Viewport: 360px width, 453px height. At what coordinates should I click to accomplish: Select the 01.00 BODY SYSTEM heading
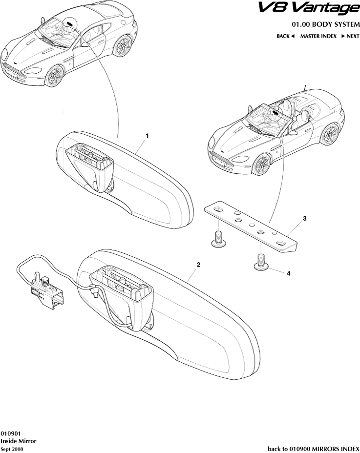pyautogui.click(x=326, y=24)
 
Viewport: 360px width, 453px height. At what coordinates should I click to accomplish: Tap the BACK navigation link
pyautogui.click(x=285, y=36)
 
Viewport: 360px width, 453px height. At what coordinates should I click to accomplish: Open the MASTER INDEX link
pyautogui.click(x=318, y=36)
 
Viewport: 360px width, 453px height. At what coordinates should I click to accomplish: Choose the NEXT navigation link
pyautogui.click(x=350, y=36)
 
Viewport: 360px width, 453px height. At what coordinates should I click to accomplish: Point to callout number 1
pyautogui.click(x=147, y=136)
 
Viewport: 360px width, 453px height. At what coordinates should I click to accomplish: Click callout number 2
pyautogui.click(x=198, y=265)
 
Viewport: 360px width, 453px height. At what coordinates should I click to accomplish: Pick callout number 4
pyautogui.click(x=289, y=273)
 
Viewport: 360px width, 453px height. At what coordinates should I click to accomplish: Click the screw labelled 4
pyautogui.click(x=261, y=262)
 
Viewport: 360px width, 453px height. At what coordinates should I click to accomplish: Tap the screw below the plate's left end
pyautogui.click(x=219, y=239)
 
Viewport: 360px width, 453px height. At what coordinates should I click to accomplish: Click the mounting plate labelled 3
pyautogui.click(x=251, y=227)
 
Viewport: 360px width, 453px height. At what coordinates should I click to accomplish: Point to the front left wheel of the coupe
pyautogui.click(x=54, y=76)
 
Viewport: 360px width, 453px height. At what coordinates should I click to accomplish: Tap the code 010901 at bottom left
pyautogui.click(x=10, y=433)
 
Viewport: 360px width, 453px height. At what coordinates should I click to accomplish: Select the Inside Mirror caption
pyautogui.click(x=19, y=441)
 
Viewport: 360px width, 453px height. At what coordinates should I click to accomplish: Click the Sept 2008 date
pyautogui.click(x=12, y=449)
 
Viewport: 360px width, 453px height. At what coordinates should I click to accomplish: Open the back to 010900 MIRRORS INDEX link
pyautogui.click(x=314, y=449)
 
